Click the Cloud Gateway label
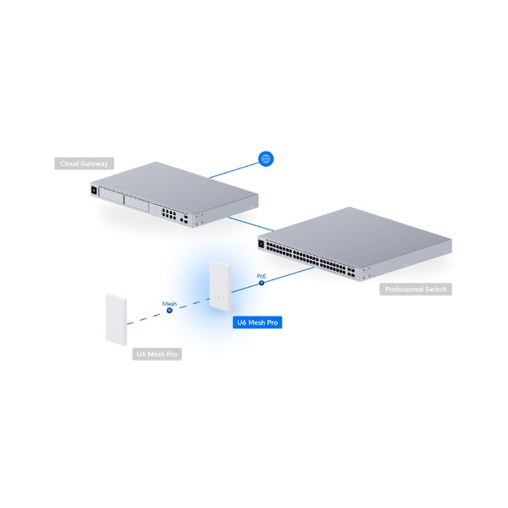pos(84,163)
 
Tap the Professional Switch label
pos(416,290)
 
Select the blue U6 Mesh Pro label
pos(257,323)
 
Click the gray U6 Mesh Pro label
pos(157,354)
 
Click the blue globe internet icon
pos(266,159)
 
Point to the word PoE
pos(262,276)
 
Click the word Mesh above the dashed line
pos(169,304)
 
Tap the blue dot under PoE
pos(262,283)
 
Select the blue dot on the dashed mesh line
pos(169,311)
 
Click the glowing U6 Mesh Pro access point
pos(220,285)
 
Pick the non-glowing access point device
pos(116,319)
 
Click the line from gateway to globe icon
pos(234,170)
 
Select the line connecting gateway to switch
pos(251,224)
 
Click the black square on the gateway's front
pos(94,190)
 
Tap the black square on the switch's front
pos(261,244)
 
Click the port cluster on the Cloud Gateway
pos(168,214)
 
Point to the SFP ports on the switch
pos(351,272)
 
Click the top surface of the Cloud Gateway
pos(175,187)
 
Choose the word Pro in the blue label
pos(273,323)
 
